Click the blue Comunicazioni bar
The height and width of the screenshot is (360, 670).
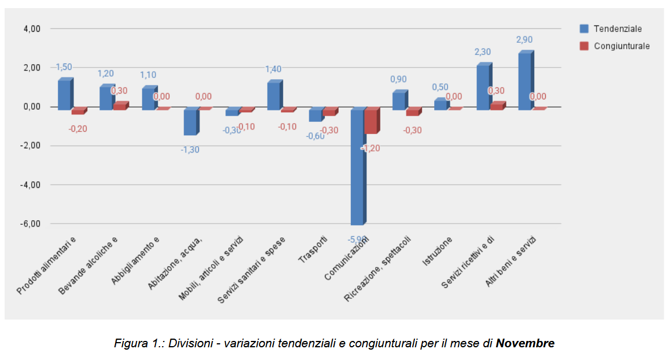357,166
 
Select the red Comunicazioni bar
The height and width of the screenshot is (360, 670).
371,121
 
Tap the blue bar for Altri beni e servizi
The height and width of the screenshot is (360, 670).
524,80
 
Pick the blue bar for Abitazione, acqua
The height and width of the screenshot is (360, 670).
190,122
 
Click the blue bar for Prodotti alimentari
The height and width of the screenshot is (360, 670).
64,94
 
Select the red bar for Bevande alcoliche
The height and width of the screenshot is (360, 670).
119,106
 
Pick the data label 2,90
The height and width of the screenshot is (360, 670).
524,40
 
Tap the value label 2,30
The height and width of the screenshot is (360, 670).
483,52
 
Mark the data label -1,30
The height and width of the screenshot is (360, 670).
190,150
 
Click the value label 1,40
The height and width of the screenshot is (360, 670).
273,69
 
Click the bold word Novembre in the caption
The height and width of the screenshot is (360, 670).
525,343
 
